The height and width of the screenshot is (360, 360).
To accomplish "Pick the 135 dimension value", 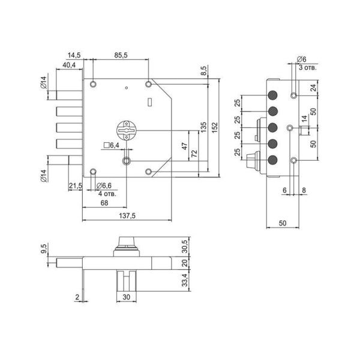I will (x=203, y=127).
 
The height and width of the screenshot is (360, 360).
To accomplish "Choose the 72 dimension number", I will (x=194, y=154).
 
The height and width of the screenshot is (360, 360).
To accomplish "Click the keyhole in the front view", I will (x=127, y=130).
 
